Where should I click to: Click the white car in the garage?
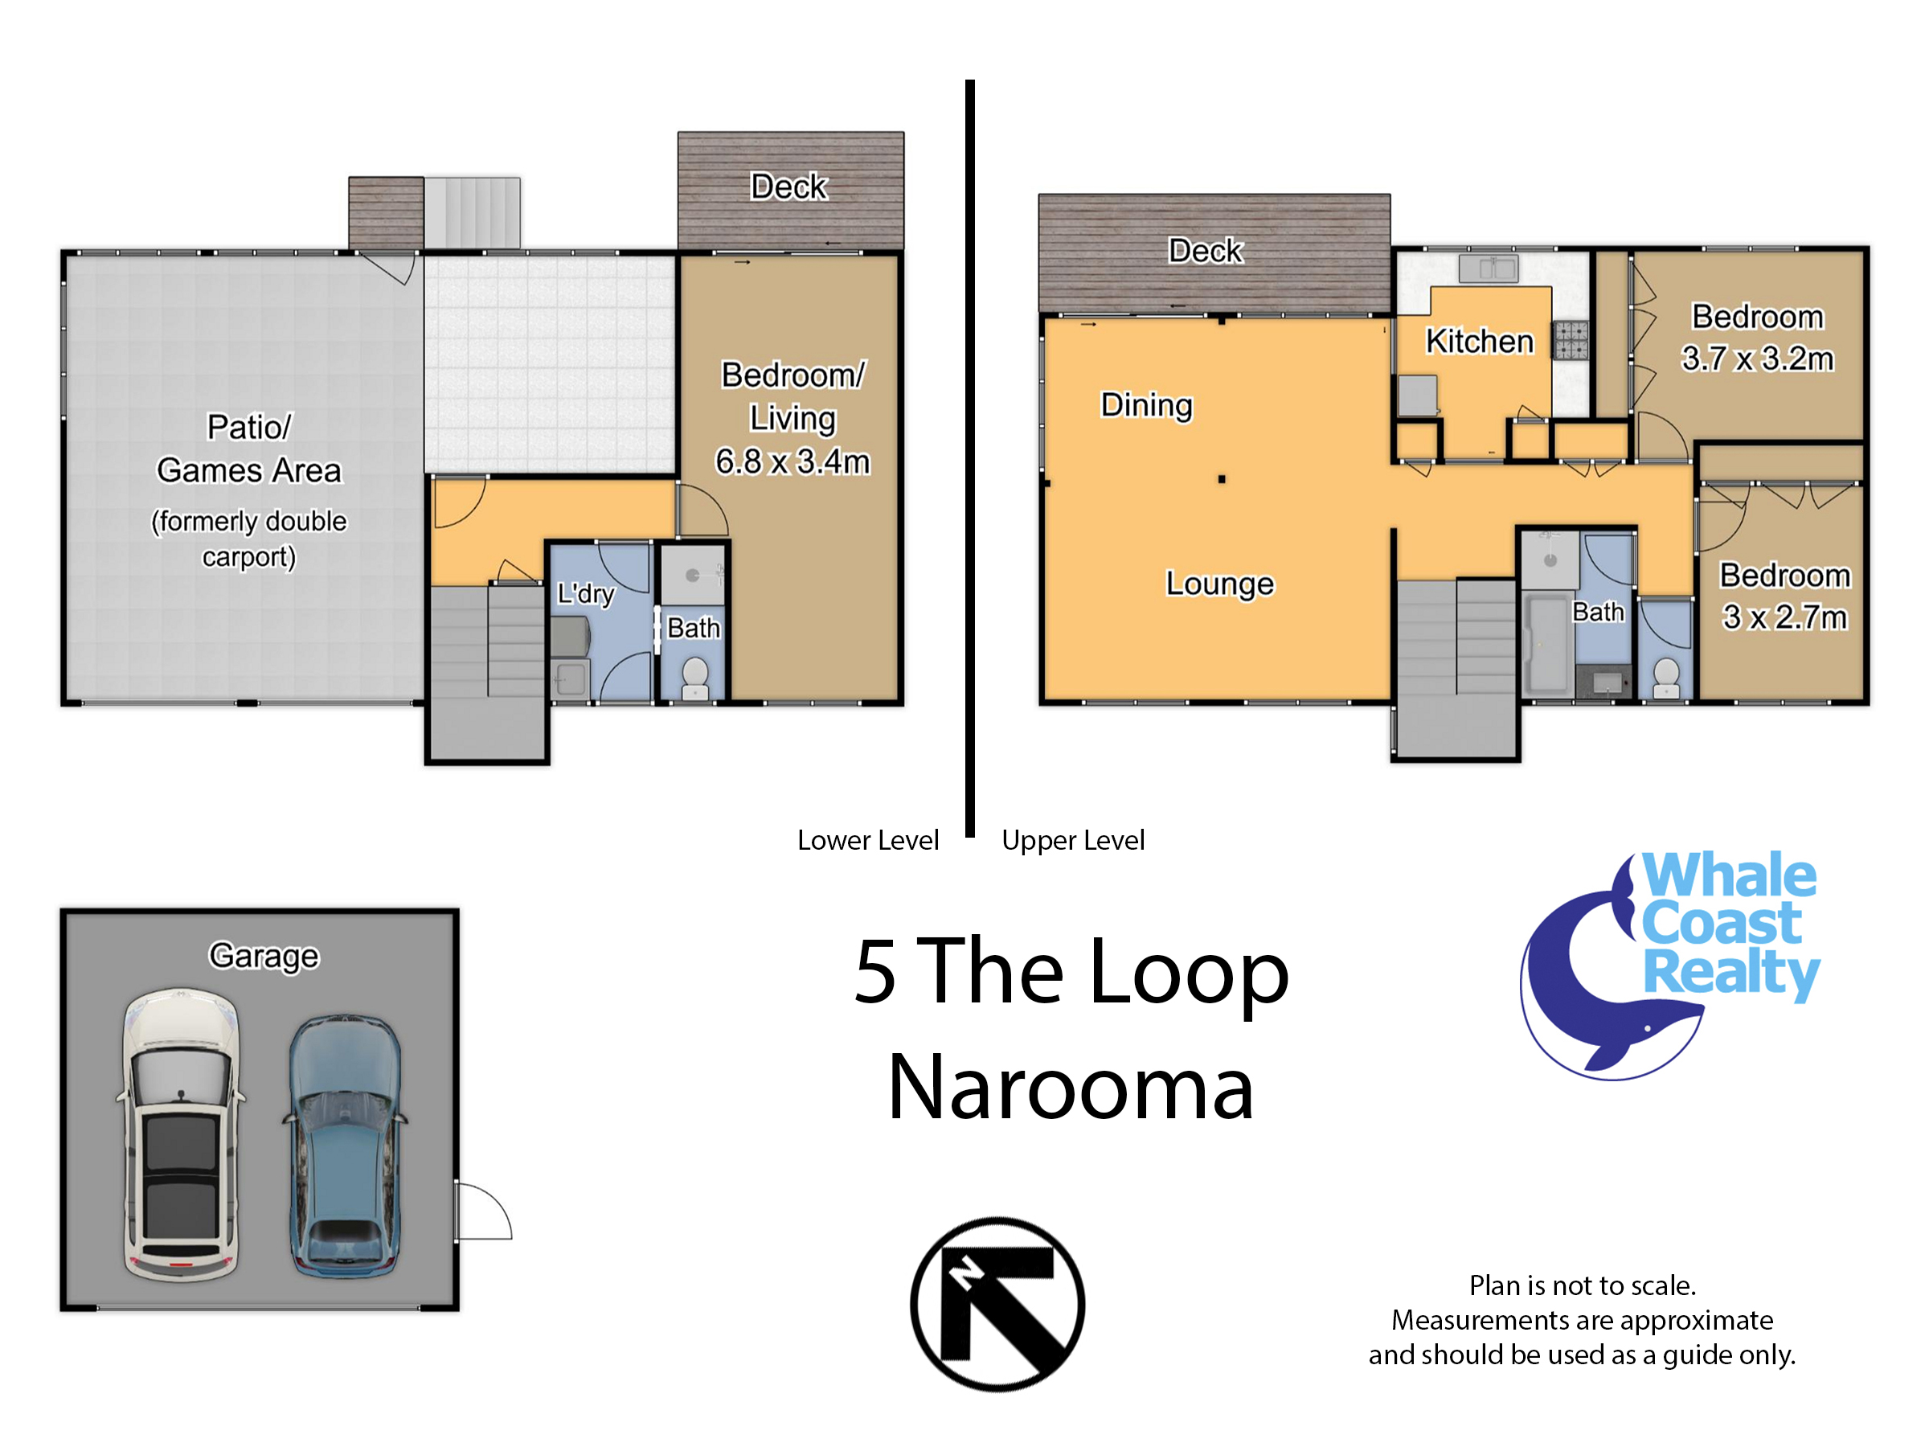[x=181, y=1133]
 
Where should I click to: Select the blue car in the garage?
[x=346, y=1146]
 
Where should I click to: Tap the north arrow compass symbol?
[x=997, y=1304]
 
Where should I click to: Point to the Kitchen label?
[x=1479, y=341]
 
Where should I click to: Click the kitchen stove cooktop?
[x=1571, y=340]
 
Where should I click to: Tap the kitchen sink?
[x=1490, y=268]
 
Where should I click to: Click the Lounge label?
[x=1219, y=584]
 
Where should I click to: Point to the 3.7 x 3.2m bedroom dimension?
[x=1757, y=359]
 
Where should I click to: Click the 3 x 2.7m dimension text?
[x=1784, y=617]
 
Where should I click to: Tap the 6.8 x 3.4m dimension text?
[x=792, y=461]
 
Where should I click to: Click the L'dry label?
[x=585, y=594]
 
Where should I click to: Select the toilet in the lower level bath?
[x=694, y=678]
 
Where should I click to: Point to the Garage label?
[x=264, y=956]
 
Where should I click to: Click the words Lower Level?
[x=868, y=840]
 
